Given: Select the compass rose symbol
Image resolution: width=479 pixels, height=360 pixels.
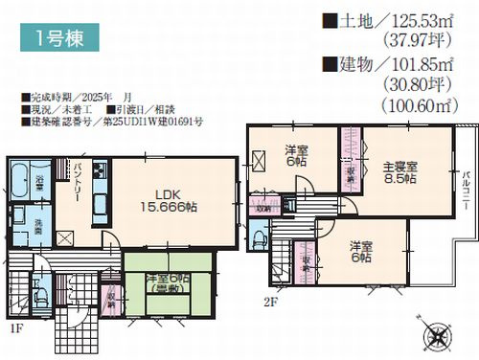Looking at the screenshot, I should (433, 335).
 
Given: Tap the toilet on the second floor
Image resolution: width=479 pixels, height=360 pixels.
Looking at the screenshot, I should (259, 236).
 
